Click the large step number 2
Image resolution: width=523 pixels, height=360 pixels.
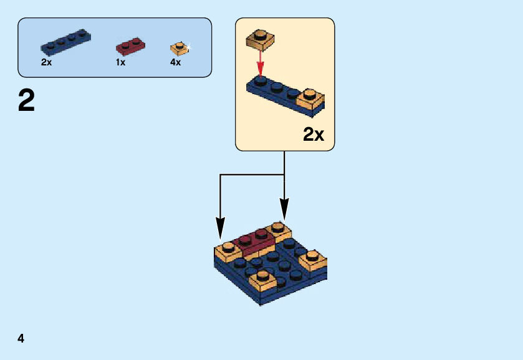click(26, 101)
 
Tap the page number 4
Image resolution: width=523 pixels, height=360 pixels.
click(21, 339)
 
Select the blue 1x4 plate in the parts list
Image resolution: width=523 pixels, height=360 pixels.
click(65, 41)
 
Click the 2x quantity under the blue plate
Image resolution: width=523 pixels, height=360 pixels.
click(46, 62)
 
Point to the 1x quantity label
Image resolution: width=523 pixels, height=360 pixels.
click(120, 62)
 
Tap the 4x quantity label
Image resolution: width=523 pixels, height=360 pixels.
click(175, 62)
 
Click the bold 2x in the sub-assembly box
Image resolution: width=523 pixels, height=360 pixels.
click(314, 134)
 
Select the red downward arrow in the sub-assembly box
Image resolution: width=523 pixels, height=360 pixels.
click(261, 62)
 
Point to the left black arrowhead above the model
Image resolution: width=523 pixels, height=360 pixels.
click(220, 227)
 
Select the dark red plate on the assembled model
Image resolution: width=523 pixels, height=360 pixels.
click(256, 242)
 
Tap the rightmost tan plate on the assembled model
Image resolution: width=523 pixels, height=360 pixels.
click(312, 260)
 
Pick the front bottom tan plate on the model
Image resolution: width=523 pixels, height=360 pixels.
click(262, 280)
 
